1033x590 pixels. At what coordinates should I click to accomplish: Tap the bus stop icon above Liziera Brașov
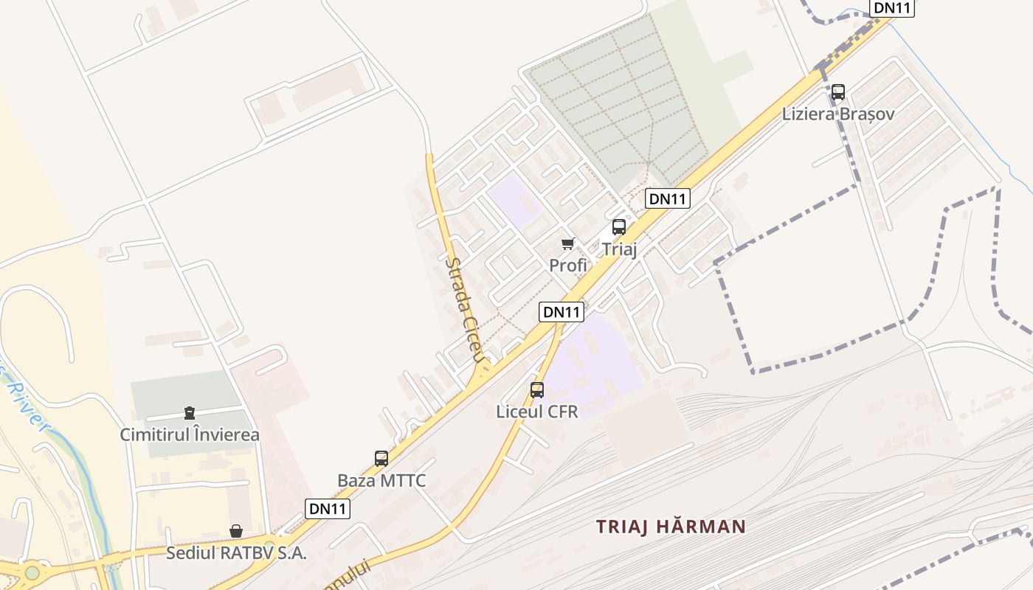838,92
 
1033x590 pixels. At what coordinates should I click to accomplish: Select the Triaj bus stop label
619,249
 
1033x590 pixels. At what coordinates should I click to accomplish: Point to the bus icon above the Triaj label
619,227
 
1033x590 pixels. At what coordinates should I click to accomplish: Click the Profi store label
568,265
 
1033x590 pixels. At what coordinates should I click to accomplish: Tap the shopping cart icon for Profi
568,244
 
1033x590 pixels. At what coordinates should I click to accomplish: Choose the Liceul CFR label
537,412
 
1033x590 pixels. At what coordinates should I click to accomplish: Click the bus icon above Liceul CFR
537,390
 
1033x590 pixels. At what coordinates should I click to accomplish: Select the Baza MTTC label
381,481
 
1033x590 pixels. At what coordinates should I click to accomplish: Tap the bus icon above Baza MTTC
381,459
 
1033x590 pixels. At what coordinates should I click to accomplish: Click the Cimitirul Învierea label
190,435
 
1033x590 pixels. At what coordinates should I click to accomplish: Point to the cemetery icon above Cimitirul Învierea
190,413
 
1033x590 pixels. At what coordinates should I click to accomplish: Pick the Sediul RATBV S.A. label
236,552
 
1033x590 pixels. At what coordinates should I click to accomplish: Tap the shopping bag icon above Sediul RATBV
236,531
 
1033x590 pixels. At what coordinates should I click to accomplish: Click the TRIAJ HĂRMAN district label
671,527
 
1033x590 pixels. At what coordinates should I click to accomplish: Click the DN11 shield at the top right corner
892,8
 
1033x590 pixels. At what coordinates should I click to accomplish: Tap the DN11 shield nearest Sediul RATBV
328,509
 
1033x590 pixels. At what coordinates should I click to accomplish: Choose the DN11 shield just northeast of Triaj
667,198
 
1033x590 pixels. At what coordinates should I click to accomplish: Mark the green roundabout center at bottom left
32,573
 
